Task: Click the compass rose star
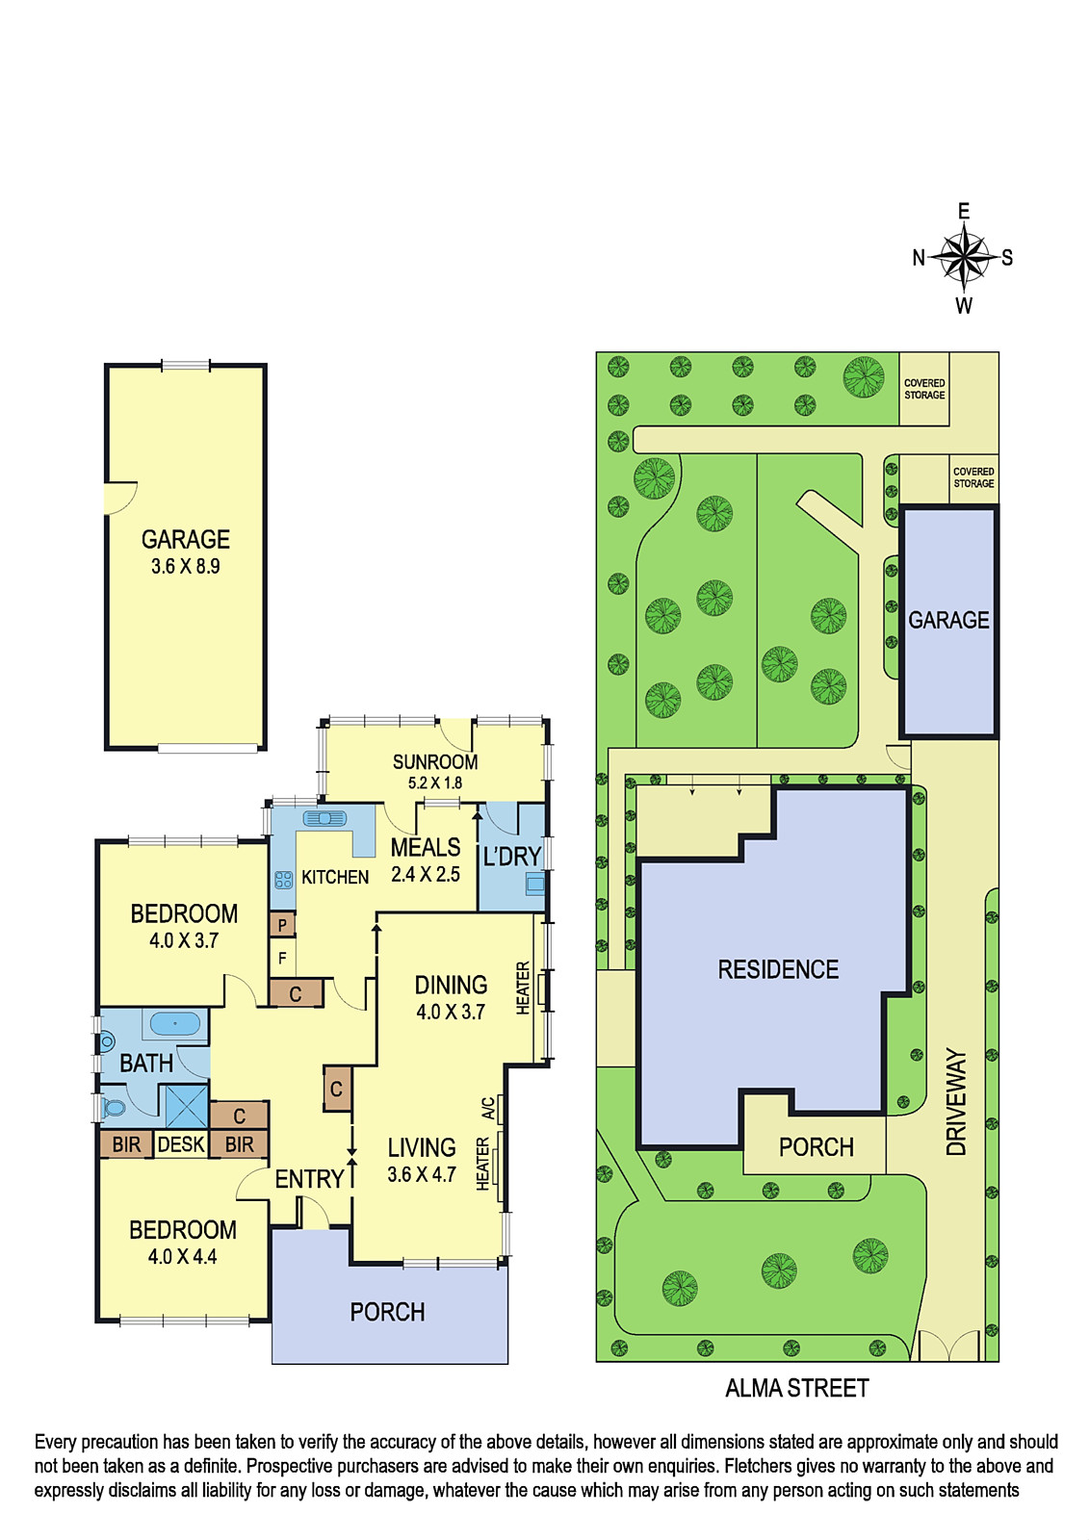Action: coord(964,259)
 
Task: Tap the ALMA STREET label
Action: coord(796,1388)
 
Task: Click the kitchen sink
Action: coord(324,819)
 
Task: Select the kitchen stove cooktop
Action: coord(283,880)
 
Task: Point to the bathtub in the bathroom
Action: coord(174,1023)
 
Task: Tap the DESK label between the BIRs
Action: coord(181,1144)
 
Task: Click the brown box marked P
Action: coord(282,925)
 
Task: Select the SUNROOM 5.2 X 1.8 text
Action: coord(435,772)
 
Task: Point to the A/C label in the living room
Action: coord(487,1108)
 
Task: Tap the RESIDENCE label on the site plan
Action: coord(778,969)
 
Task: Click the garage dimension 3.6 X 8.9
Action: coord(185,567)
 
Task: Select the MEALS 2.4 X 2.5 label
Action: coord(426,860)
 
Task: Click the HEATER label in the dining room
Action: coord(523,988)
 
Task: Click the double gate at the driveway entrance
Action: coord(948,1347)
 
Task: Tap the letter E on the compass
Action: coord(964,211)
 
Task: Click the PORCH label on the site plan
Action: coord(816,1146)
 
